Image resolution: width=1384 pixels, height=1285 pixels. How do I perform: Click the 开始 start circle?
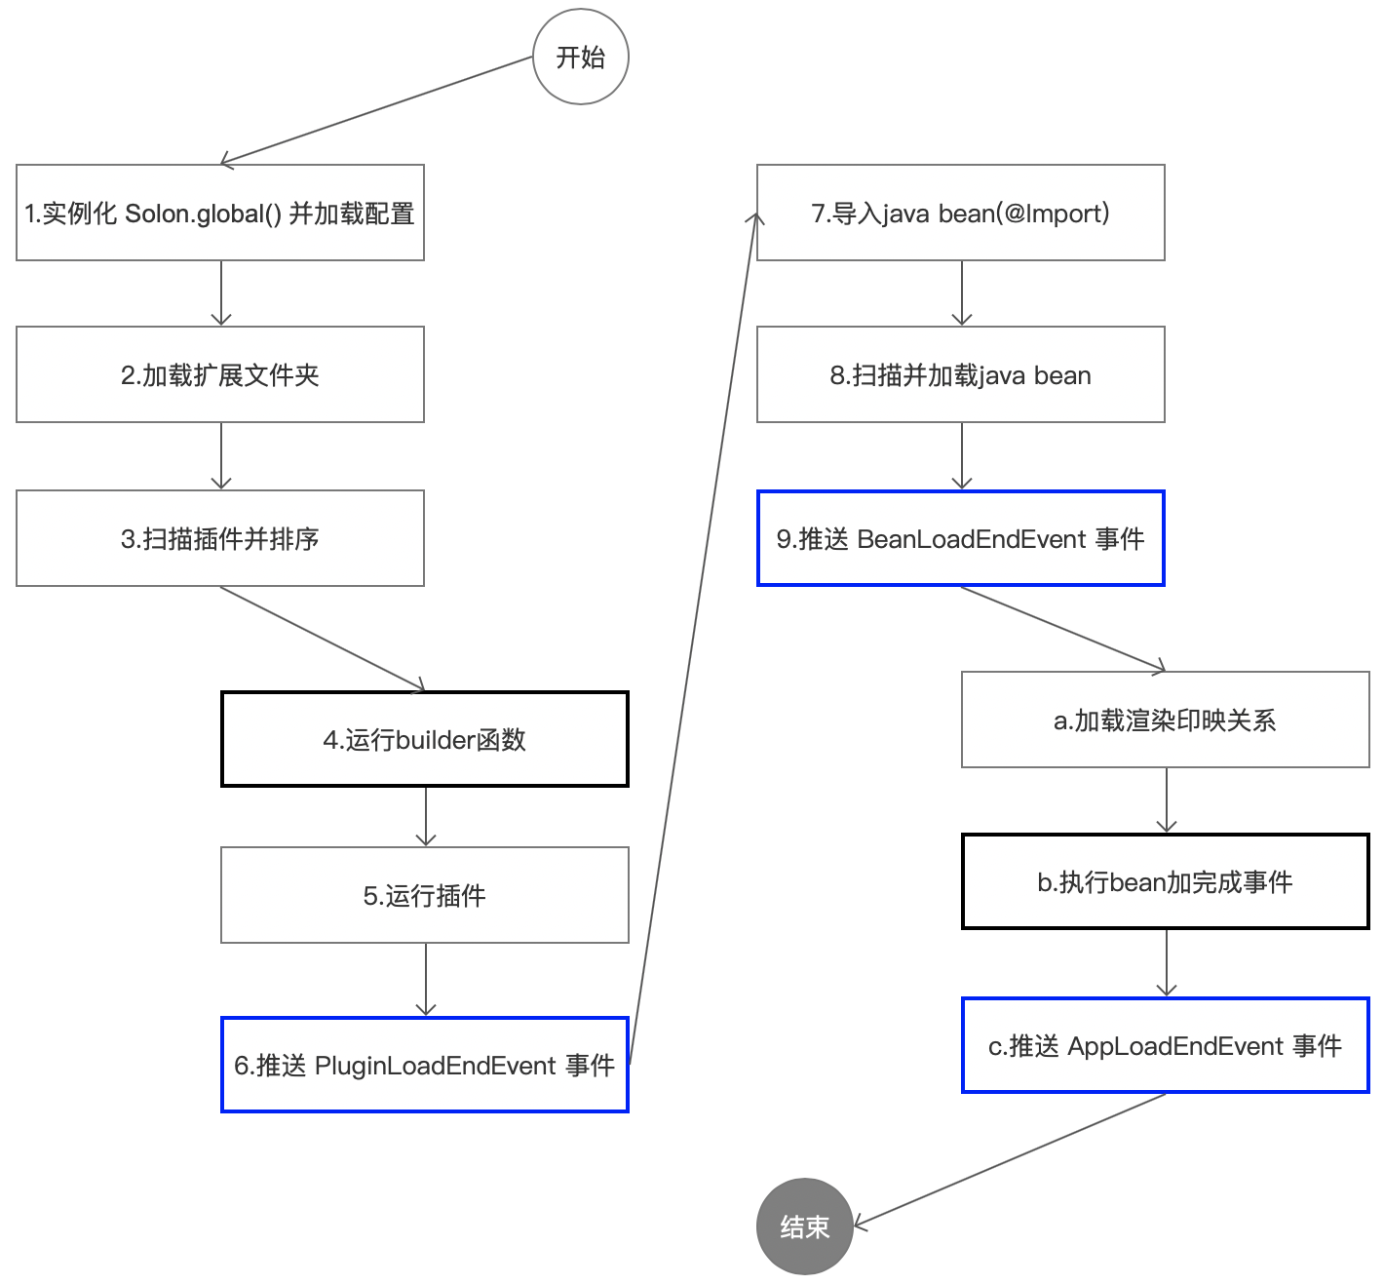(581, 58)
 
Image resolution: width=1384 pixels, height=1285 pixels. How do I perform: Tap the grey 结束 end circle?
(805, 1227)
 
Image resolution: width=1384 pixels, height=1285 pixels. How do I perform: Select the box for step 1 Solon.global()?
(220, 213)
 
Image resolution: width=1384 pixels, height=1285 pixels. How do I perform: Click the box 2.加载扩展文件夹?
(220, 374)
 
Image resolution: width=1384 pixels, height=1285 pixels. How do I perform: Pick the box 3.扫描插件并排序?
(220, 538)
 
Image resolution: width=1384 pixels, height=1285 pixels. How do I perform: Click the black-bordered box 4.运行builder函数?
(425, 739)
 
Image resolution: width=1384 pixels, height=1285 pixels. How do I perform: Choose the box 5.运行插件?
(425, 895)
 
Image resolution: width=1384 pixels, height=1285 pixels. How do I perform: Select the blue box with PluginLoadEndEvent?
(425, 1065)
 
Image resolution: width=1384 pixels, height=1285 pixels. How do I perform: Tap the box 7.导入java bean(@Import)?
(961, 213)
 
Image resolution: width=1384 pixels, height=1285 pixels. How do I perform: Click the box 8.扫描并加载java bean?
(961, 374)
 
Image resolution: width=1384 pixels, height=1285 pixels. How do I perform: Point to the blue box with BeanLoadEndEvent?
(961, 538)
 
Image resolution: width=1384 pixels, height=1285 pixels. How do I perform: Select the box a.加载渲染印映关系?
(1166, 720)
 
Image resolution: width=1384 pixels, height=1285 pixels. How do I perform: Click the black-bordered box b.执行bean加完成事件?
(1166, 881)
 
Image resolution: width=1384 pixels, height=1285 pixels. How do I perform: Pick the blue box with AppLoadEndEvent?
(1166, 1045)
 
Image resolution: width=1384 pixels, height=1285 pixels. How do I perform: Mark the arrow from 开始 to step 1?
(377, 110)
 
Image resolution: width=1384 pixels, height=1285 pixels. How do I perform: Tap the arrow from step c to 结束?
(1010, 1159)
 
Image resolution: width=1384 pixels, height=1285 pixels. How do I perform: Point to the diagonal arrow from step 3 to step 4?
(323, 639)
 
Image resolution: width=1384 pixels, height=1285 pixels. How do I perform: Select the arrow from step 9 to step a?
(1063, 629)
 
